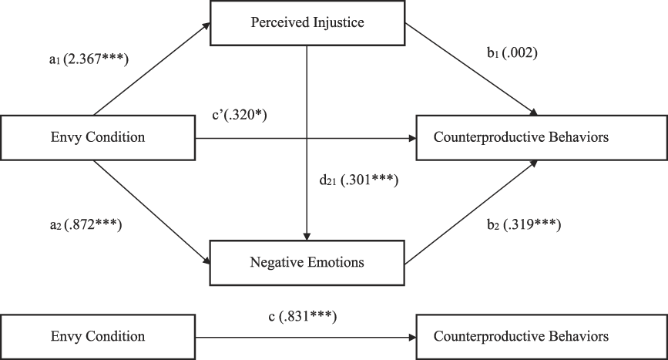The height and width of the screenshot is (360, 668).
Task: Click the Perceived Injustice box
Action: tap(307, 22)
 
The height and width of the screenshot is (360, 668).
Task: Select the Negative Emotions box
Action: tap(307, 261)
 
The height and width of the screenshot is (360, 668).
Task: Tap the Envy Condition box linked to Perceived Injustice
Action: tap(98, 139)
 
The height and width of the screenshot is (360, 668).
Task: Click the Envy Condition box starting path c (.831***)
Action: tap(98, 336)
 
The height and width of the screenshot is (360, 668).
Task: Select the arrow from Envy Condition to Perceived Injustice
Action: tap(150, 70)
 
